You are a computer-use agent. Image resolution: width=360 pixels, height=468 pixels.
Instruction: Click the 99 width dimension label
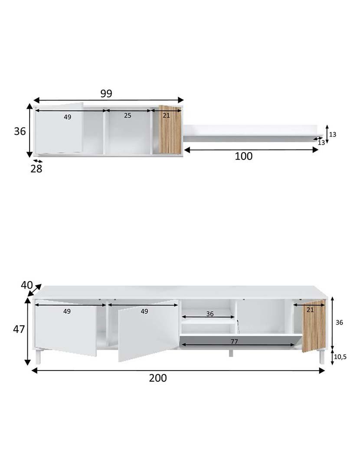(106, 94)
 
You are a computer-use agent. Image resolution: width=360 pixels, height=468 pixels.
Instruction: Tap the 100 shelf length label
(243, 156)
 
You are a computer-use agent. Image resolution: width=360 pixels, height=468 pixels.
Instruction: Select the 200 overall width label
(158, 378)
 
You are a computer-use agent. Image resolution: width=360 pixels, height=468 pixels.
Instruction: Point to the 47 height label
(19, 329)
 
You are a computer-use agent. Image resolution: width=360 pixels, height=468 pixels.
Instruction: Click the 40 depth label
(26, 285)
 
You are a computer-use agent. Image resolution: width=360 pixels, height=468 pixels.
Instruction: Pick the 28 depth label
(36, 169)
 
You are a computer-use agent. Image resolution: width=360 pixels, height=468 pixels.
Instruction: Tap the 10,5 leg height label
(340, 357)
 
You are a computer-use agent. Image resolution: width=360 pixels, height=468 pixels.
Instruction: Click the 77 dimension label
(234, 341)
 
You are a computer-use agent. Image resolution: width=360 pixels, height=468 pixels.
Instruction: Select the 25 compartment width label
(128, 116)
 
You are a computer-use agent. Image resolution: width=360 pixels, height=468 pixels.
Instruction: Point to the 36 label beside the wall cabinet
(20, 131)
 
